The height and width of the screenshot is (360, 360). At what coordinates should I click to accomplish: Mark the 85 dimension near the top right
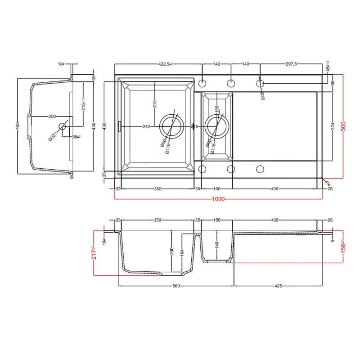[333, 84]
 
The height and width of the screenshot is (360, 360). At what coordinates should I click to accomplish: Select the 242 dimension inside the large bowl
[146, 127]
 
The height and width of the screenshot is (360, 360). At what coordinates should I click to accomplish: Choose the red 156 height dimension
[344, 247]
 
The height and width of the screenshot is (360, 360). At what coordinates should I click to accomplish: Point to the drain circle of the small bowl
[217, 127]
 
